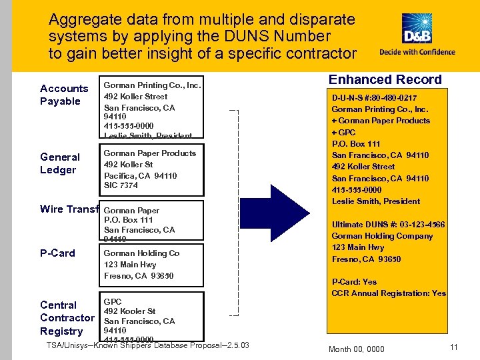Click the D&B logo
(417, 30)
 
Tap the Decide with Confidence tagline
(417, 52)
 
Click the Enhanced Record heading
(385, 79)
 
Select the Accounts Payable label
(64, 95)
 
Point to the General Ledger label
(60, 163)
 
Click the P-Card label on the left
(58, 253)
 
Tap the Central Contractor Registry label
(67, 318)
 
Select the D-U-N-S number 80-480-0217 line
(378, 97)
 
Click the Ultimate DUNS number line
(387, 225)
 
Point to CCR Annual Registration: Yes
(389, 293)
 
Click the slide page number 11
(454, 347)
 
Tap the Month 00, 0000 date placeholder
(357, 349)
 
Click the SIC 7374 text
(121, 185)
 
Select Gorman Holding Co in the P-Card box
(141, 253)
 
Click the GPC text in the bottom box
(113, 302)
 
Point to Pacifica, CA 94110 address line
(140, 175)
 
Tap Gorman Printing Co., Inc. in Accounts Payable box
(152, 85)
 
